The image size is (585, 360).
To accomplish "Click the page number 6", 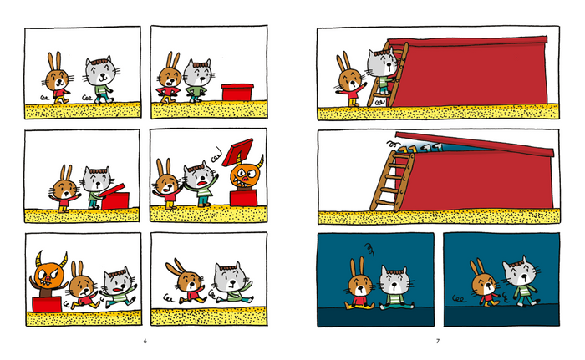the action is pos(145,341).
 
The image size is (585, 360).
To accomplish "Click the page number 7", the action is pos(438,341).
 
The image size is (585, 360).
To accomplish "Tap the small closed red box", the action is pos(237,92).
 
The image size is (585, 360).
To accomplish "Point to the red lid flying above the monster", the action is pos(238,152).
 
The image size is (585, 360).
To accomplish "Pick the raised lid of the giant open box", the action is pos(475,144).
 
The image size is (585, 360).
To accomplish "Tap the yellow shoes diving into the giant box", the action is pos(408,150).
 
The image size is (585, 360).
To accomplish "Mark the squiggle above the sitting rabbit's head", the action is pos(369,249).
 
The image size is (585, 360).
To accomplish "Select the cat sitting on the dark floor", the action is pos(395,288).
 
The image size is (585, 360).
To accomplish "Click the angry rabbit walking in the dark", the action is pos(485,282).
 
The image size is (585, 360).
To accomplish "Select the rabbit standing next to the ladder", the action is pos(351,79).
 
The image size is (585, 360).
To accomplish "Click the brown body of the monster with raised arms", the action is pos(46,291).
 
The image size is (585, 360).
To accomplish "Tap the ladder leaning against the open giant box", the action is pos(392,181).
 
